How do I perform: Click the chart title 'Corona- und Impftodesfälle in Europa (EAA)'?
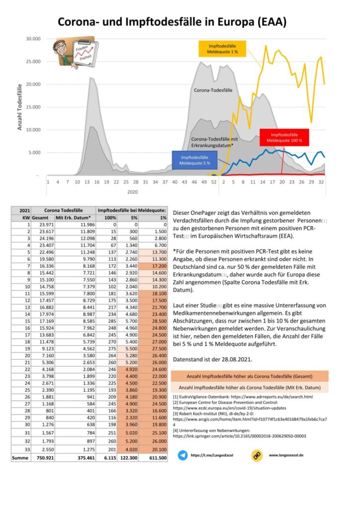pyautogui.click(x=172, y=22)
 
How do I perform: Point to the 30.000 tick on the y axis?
pyautogui.click(x=33, y=39)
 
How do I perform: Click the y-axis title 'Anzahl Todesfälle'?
pyautogui.click(x=20, y=106)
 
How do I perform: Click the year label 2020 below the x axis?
pyautogui.click(x=132, y=191)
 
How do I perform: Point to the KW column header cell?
pyautogui.click(x=21, y=218)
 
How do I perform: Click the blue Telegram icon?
pyautogui.click(x=182, y=454)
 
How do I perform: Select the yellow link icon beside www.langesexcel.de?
pyautogui.click(x=257, y=454)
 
